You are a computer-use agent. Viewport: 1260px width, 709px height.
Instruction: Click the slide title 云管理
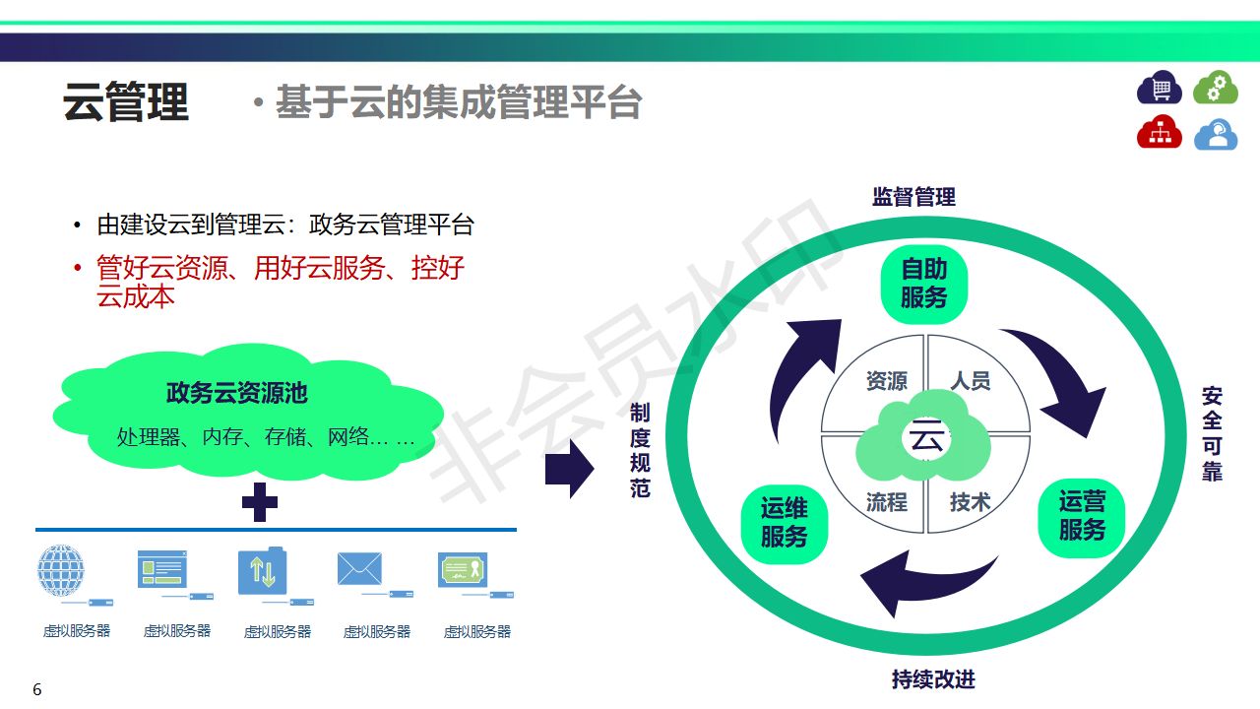[126, 102]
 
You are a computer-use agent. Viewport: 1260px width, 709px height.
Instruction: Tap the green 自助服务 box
[923, 284]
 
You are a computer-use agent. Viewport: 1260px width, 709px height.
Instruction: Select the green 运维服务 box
[784, 523]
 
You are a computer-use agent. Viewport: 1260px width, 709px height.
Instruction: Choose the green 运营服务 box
[1082, 516]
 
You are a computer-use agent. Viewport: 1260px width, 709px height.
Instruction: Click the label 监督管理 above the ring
[913, 197]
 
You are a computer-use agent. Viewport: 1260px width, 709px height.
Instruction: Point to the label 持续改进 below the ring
[933, 679]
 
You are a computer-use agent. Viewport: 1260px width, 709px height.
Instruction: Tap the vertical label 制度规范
[640, 449]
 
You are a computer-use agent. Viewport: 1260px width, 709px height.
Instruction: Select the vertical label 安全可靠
[1212, 434]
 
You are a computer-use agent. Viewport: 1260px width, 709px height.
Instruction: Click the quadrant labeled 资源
[886, 381]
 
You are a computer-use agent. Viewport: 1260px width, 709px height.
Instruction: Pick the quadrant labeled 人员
[970, 381]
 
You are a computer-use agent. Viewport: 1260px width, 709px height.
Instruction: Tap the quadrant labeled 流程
[886, 502]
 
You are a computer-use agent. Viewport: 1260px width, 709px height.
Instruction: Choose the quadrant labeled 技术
[970, 502]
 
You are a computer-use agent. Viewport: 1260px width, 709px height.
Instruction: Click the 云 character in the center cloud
[926, 438]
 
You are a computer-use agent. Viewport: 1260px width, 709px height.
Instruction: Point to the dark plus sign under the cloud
[260, 501]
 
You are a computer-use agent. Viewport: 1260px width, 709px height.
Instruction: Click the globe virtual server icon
[62, 570]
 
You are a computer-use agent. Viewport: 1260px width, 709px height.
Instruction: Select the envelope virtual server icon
[359, 569]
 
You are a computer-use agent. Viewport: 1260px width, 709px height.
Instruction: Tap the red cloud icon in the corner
[1160, 132]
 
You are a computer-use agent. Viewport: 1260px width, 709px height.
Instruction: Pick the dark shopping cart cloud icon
[1160, 89]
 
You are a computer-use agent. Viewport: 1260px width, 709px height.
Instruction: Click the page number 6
[37, 689]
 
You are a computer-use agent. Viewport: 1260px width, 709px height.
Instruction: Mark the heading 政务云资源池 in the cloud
[237, 394]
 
